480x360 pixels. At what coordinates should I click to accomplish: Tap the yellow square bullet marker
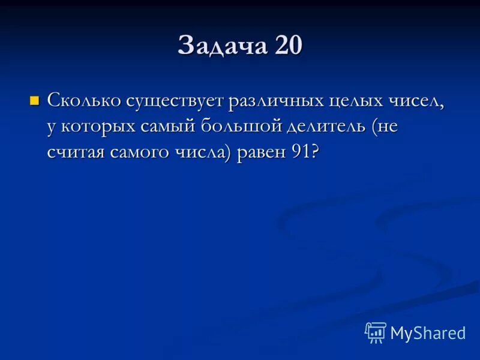(34, 99)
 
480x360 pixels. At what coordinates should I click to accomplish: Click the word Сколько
(83, 101)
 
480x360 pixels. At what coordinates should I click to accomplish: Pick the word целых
(359, 101)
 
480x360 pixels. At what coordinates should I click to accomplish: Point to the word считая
(76, 152)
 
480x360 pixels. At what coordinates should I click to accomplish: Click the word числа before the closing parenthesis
(204, 152)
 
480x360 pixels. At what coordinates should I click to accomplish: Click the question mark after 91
(314, 152)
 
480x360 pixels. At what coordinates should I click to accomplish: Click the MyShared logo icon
(376, 332)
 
